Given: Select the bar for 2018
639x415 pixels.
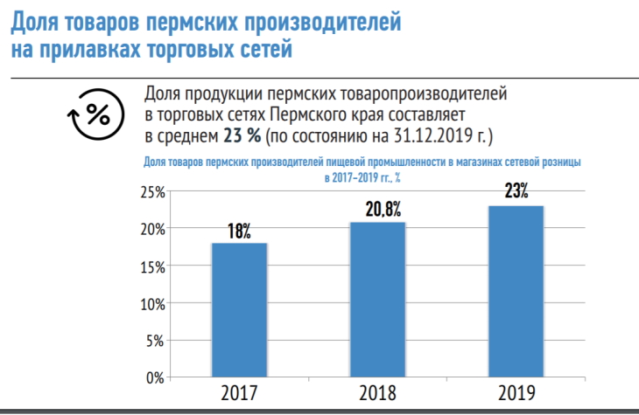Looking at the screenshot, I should point(378,300).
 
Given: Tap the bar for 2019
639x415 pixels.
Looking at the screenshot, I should point(516,292).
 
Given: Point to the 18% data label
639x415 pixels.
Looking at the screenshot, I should point(239,232).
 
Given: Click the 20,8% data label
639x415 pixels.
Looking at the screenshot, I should point(378,211).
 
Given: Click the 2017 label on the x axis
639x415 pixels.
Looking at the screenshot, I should point(239,394).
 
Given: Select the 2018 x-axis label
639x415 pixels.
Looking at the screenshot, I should point(378,394).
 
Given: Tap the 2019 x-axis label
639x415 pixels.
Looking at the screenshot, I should point(516,394).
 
